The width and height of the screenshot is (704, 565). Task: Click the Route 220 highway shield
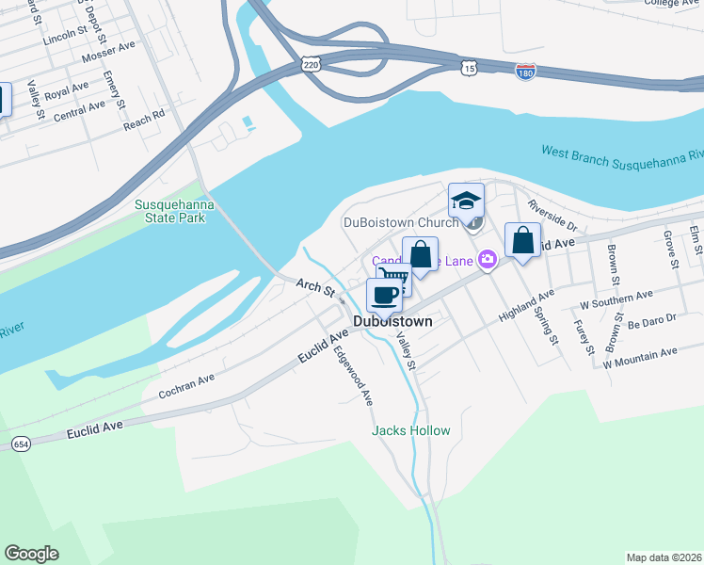point(312,63)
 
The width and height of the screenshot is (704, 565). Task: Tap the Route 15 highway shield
point(469,68)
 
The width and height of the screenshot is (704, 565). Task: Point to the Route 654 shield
point(20,443)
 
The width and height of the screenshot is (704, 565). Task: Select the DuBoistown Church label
point(400,223)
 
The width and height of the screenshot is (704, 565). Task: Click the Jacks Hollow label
point(411,430)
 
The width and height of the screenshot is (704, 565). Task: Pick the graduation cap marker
point(466,201)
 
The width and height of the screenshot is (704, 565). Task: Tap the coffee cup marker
point(384,295)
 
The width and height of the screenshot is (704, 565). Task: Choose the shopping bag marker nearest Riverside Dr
point(523,240)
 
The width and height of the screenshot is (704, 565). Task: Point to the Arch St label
point(315,286)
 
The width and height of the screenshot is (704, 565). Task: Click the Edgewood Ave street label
point(354,376)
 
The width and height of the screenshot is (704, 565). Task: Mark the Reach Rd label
point(144,118)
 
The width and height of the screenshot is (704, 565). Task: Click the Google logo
point(31,554)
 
